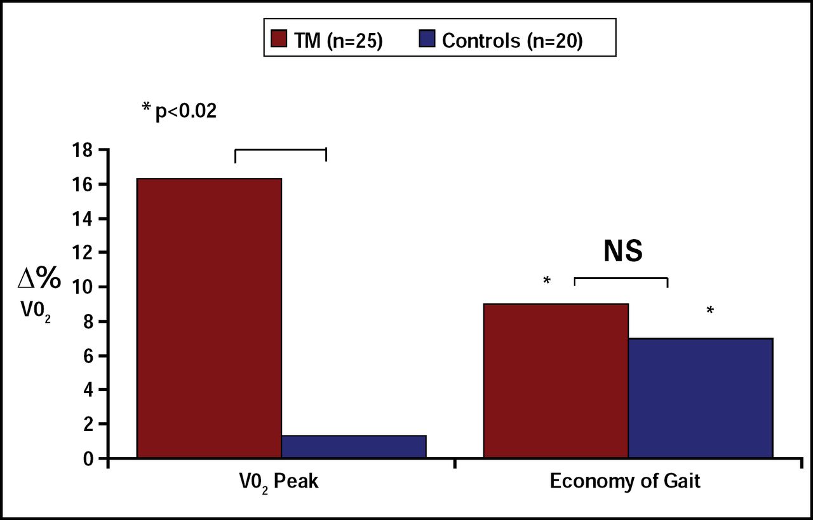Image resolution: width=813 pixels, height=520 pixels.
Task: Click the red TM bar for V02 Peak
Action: tap(209, 318)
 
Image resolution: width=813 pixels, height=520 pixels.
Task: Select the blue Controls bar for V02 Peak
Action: tap(354, 446)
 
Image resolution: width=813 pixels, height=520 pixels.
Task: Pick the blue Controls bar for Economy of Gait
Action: tap(701, 397)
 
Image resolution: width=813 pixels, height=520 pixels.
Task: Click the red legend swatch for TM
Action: tap(279, 41)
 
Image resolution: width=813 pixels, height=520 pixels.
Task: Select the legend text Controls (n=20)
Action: tap(512, 41)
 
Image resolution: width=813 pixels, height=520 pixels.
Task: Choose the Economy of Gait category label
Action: tap(625, 481)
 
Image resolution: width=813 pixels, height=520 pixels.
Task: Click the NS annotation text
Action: tap(622, 252)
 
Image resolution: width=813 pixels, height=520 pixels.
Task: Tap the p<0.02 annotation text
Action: tap(185, 111)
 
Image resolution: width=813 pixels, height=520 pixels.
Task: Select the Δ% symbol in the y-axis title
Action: tap(39, 280)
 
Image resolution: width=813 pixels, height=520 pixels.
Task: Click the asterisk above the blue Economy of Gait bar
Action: tap(710, 311)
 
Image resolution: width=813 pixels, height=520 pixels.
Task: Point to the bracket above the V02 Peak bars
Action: tap(280, 151)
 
